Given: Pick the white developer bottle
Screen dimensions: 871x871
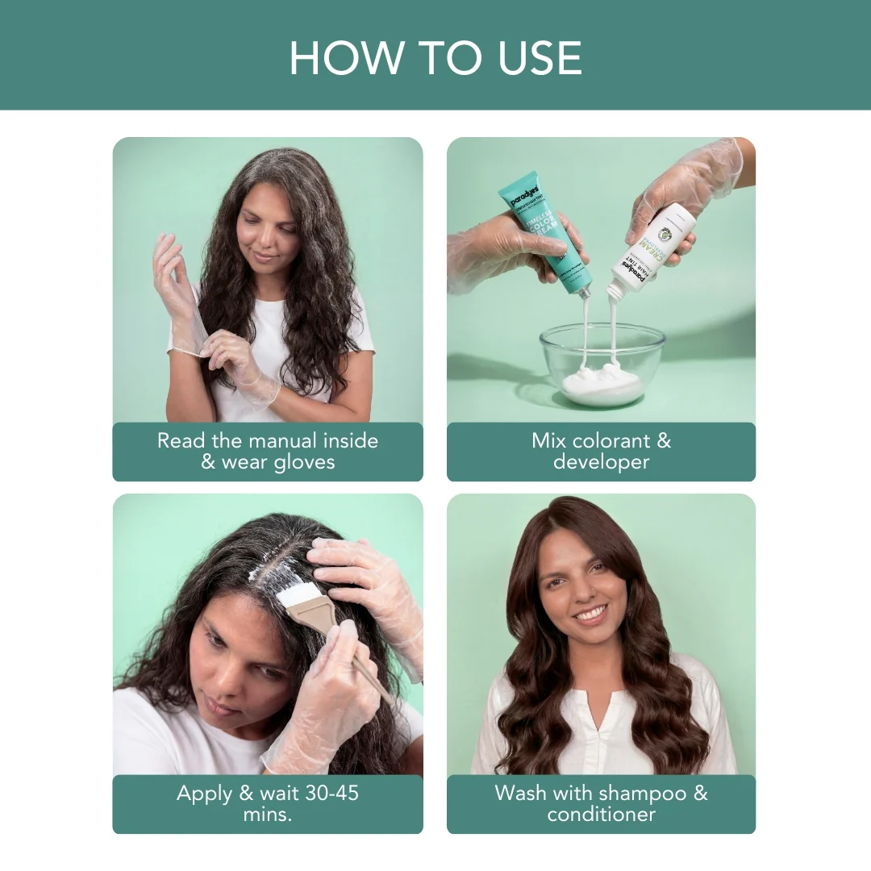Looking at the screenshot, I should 651,246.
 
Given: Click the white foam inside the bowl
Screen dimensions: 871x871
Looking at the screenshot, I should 602,385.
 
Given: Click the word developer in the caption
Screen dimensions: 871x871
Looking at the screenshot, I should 601,462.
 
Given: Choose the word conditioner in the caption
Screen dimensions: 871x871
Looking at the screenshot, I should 601,814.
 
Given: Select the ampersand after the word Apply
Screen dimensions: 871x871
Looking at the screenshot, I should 246,793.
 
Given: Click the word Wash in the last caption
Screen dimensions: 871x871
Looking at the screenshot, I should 519,793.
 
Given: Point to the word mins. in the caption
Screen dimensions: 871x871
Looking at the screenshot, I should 267,814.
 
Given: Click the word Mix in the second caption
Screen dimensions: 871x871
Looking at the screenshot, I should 548,441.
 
